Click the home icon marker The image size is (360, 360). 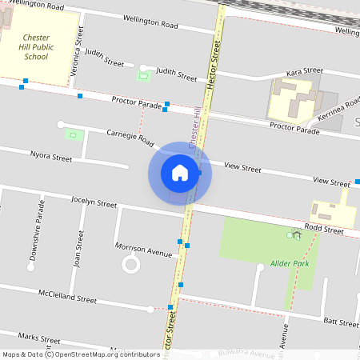coord(180,173)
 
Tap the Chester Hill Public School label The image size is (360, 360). coord(36,47)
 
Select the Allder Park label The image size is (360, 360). coord(289,263)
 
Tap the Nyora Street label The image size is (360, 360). coord(50,157)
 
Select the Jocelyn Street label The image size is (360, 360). coord(94,202)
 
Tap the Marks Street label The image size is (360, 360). coord(39,338)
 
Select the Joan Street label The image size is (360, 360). coord(78,249)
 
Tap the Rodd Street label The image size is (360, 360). coord(329,230)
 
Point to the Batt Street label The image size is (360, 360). coord(341,322)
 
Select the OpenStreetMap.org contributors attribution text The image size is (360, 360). coord(107,354)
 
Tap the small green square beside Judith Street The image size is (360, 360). coord(144,77)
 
